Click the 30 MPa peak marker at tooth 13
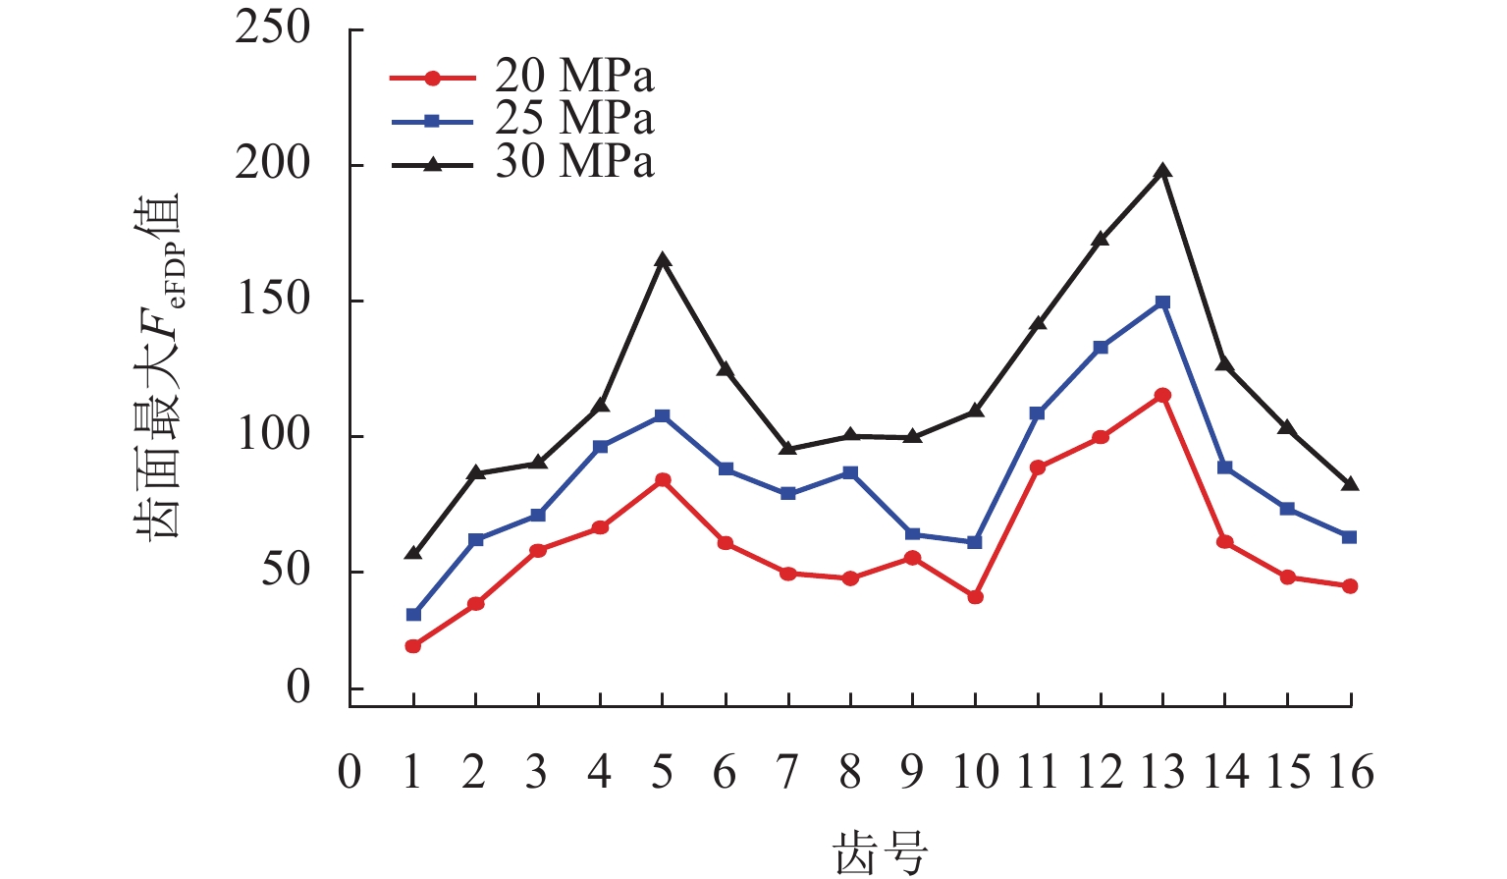[1163, 171]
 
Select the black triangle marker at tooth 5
[663, 260]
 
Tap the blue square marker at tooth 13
[1163, 302]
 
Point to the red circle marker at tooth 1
[413, 646]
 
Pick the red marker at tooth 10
[976, 597]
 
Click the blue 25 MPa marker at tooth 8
[850, 473]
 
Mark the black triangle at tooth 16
[1351, 484]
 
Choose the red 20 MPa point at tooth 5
[663, 480]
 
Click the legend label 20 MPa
[574, 77]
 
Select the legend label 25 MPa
[574, 119]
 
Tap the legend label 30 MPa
[574, 162]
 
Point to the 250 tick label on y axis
[273, 29]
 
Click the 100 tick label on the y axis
[273, 435]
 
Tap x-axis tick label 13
[1163, 774]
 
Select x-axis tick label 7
[787, 774]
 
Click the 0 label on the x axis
[350, 774]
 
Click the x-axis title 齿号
[881, 852]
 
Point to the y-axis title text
[157, 368]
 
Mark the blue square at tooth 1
[413, 615]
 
